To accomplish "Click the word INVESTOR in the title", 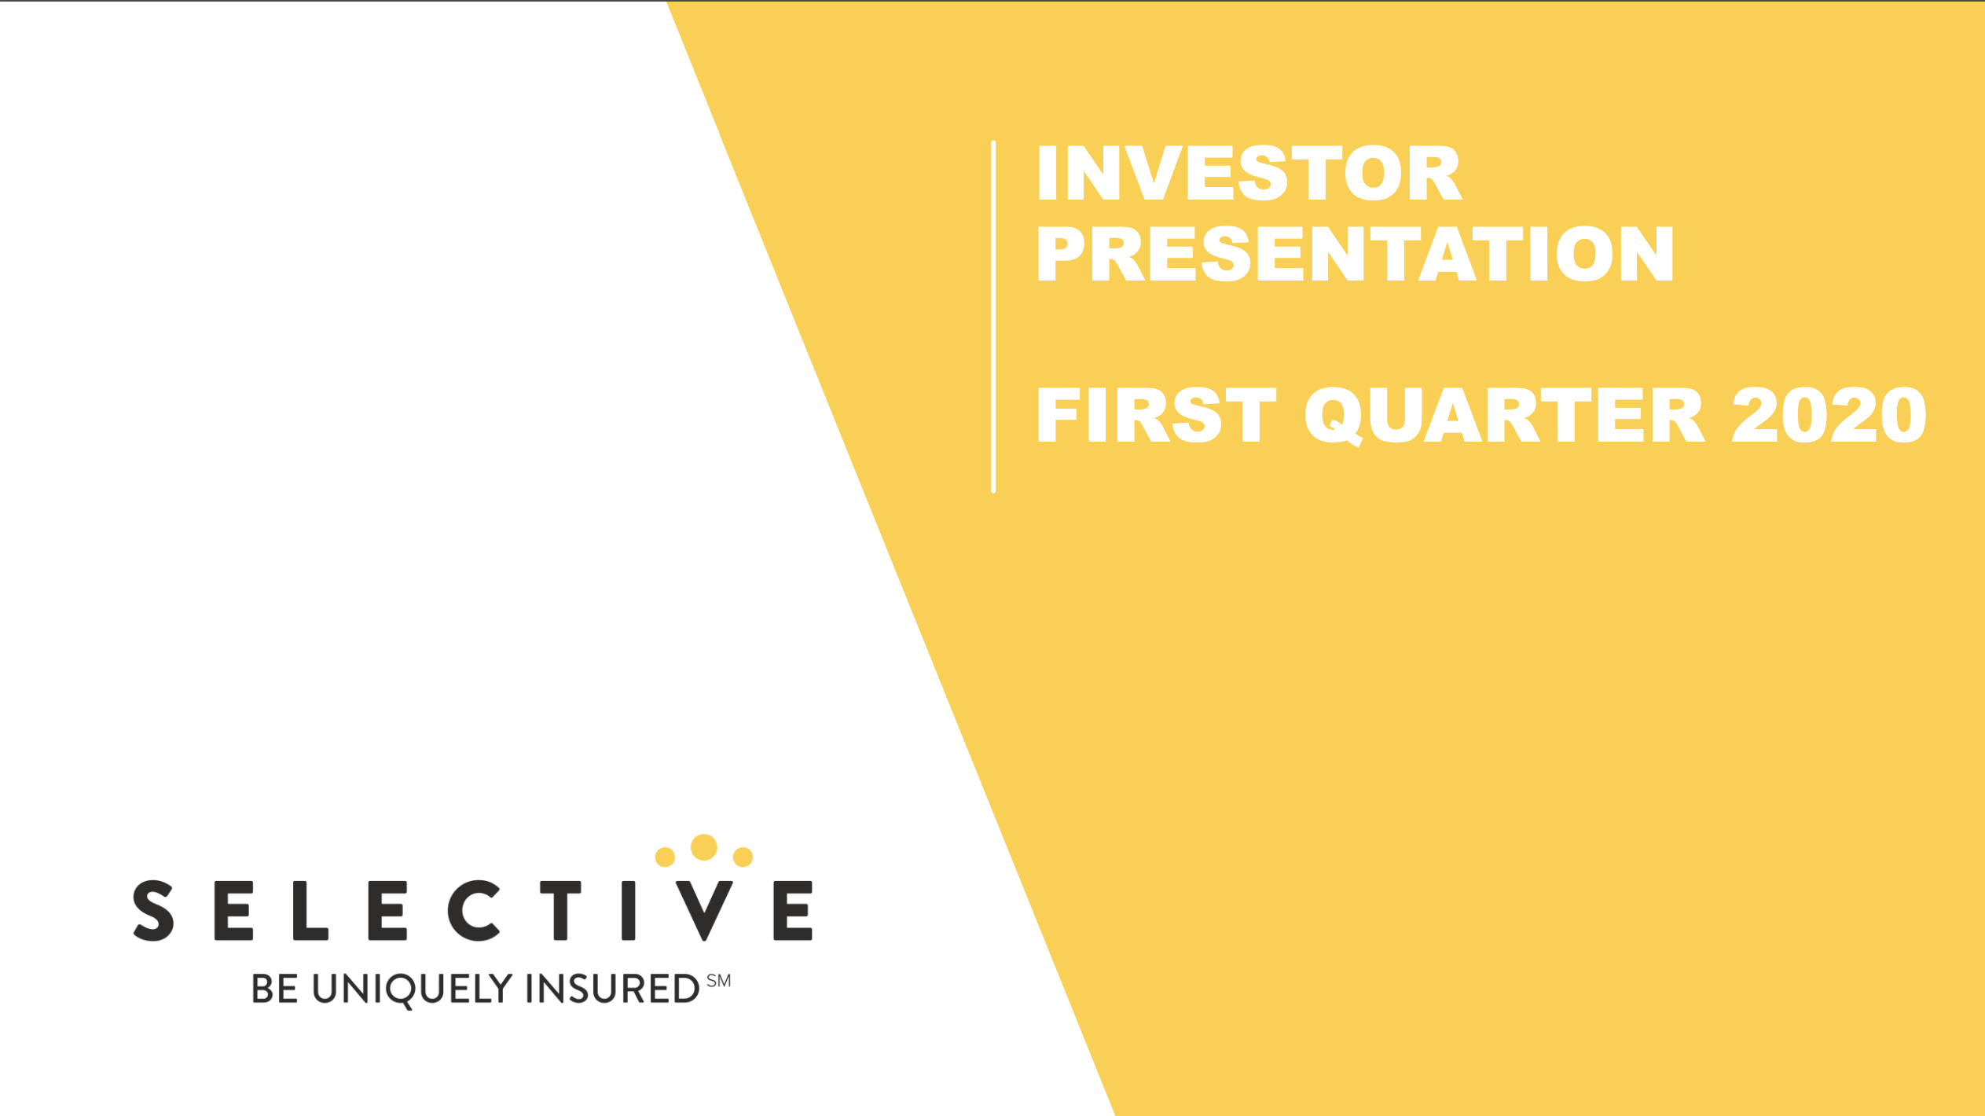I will click(x=1249, y=173).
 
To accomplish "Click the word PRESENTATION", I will click(x=1355, y=254).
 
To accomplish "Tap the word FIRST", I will click(x=1156, y=415).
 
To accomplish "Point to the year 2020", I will click(x=1829, y=415).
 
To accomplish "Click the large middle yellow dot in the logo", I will click(x=703, y=847).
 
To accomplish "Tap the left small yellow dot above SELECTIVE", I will click(x=665, y=857).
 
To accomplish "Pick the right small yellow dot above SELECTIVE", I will click(x=743, y=857).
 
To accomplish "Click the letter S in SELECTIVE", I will click(x=153, y=911).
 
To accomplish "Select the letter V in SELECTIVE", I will click(x=704, y=911).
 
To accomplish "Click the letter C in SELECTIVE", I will click(x=473, y=911).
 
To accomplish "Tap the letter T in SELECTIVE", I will click(x=560, y=911).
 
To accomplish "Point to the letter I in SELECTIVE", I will click(x=628, y=911).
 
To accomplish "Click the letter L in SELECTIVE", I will click(x=310, y=911).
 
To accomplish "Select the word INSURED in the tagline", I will click(x=612, y=989).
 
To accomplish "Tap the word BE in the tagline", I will click(x=274, y=989).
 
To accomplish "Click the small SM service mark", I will click(x=718, y=981).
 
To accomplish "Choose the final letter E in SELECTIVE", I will click(x=792, y=911).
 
